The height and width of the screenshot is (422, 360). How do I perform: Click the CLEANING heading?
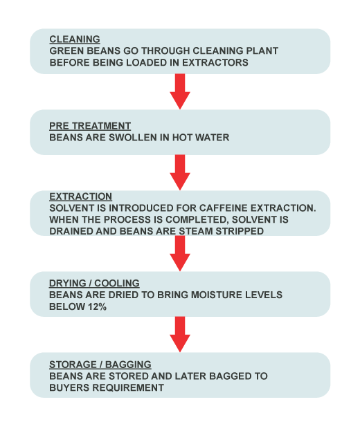click(75, 39)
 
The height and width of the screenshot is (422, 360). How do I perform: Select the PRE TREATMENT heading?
click(90, 126)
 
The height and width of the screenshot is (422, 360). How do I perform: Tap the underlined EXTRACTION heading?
click(80, 196)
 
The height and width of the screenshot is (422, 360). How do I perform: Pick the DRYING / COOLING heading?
click(94, 283)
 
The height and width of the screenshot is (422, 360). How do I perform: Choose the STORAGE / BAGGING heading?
click(100, 365)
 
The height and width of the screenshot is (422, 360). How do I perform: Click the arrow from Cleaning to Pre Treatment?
click(180, 91)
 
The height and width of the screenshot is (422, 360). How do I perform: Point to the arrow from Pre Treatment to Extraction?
click(180, 172)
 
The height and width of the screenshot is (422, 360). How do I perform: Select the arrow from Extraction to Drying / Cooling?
click(180, 253)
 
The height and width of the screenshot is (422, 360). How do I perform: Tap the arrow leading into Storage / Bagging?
click(180, 335)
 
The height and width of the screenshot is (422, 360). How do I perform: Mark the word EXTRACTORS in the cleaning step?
click(215, 62)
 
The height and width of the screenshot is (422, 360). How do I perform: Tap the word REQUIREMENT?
click(127, 388)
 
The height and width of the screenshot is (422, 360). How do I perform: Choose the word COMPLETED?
click(197, 219)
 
